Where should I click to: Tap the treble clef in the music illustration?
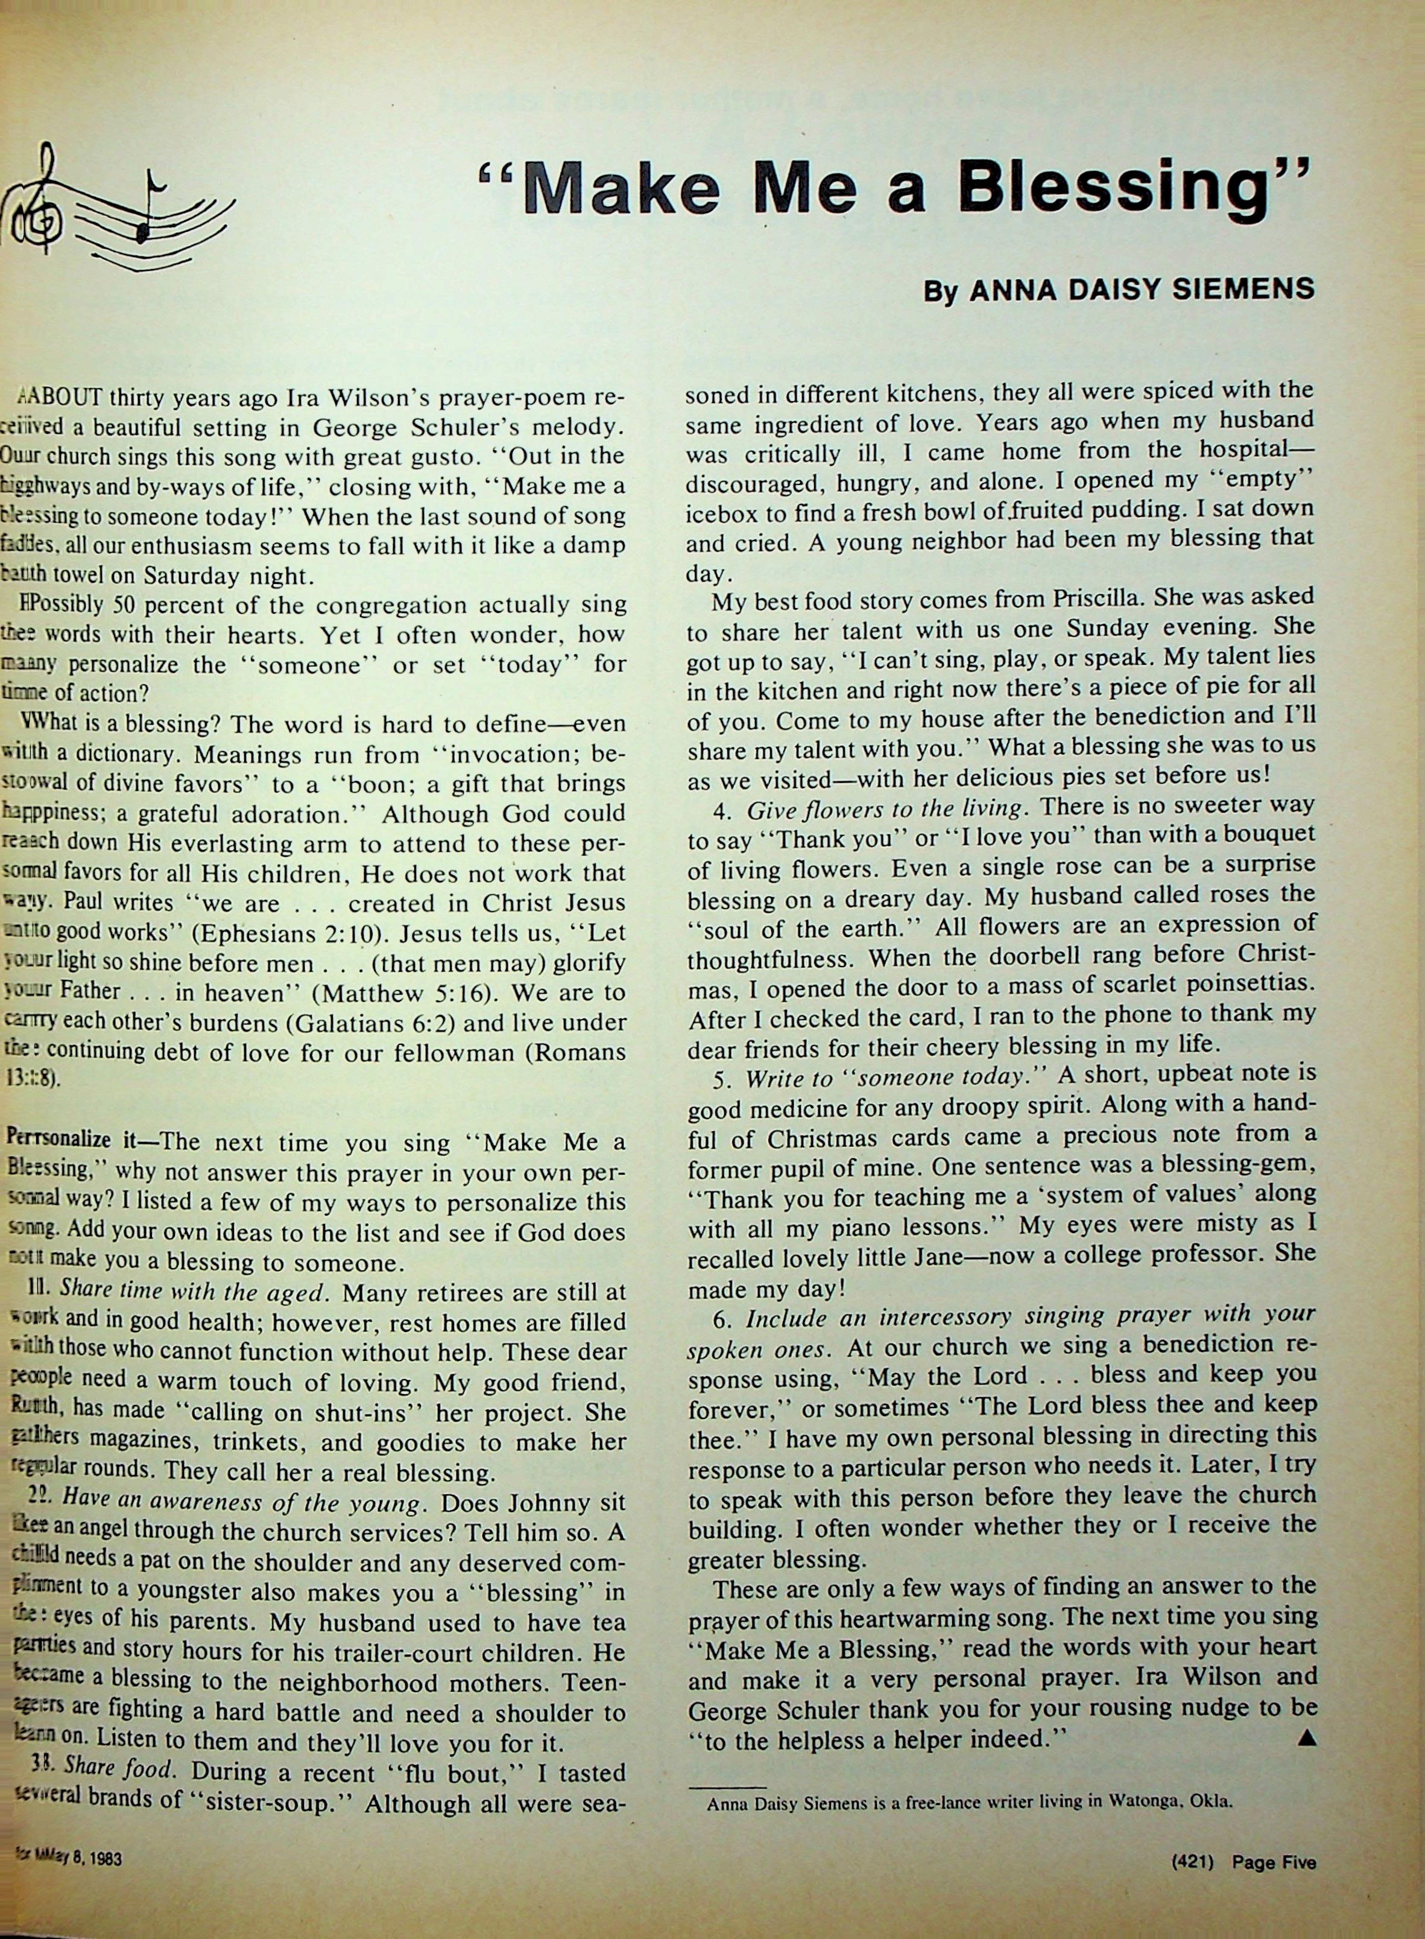33,200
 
